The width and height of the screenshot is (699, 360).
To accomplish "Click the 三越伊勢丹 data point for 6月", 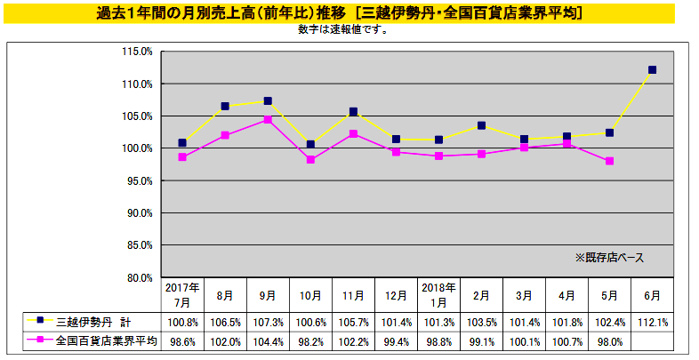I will pyautogui.click(x=652, y=69).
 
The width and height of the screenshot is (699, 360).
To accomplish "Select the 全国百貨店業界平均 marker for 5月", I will pyautogui.click(x=609, y=161).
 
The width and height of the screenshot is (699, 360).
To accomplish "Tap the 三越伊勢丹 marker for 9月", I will pyautogui.click(x=268, y=101).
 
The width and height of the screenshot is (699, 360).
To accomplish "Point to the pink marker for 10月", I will pyautogui.click(x=310, y=160).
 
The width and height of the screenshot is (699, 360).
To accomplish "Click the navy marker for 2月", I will pyautogui.click(x=481, y=125).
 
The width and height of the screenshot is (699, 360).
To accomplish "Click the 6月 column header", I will pyautogui.click(x=652, y=294).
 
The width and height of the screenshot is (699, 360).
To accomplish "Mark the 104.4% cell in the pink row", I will pyautogui.click(x=268, y=340).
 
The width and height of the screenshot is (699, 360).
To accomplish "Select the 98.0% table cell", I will pyautogui.click(x=609, y=340).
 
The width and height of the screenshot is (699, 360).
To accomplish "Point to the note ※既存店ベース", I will pyautogui.click(x=609, y=257).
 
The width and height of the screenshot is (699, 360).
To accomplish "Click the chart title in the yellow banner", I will pyautogui.click(x=347, y=12).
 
